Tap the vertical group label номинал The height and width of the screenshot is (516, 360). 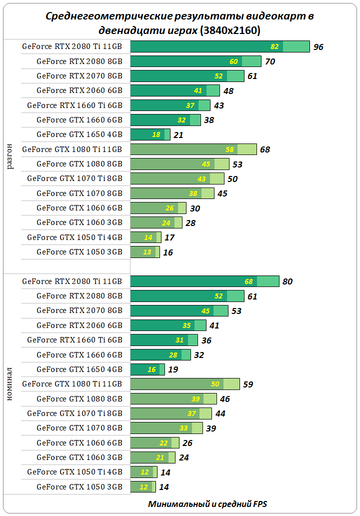10,382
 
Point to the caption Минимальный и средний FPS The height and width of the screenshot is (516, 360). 208,503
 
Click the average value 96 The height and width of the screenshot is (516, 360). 318,47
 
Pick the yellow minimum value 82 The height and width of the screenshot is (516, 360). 274,47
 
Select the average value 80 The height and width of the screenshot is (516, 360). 287,281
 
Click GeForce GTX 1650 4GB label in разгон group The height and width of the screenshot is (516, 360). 79,134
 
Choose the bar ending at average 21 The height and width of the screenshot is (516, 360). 150,134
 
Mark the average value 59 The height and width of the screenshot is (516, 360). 248,384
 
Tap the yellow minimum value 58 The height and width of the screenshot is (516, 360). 229,149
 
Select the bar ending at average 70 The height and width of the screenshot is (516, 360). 195,61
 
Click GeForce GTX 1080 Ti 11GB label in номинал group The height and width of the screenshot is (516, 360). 72,384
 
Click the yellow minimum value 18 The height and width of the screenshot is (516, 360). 156,135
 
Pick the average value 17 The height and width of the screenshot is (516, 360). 169,238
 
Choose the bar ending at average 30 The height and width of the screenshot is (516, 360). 158,208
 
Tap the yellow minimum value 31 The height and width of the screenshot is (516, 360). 179,340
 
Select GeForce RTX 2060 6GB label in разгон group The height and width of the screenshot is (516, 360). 79,90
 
